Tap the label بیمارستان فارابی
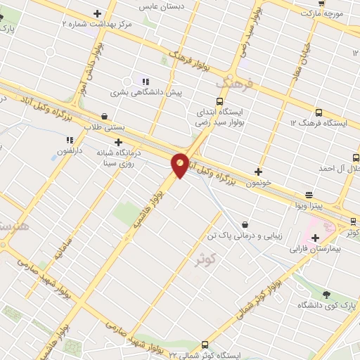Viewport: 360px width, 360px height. coord(334,250)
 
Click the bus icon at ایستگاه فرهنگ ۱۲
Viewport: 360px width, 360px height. coord(319,112)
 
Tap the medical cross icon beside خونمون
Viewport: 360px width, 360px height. coord(258,172)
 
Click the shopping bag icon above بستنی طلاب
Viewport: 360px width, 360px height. coord(105,117)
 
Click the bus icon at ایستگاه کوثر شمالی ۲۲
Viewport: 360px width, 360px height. coord(205,345)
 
